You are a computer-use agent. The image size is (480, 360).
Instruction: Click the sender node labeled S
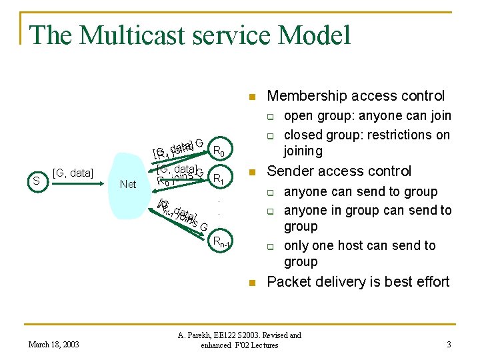coord(37,180)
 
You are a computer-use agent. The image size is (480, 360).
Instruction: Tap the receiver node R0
coord(218,149)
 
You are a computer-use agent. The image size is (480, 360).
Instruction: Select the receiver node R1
coord(218,178)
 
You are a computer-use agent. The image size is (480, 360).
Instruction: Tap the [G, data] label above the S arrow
coord(72,173)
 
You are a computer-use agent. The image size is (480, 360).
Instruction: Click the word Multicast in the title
coord(147,35)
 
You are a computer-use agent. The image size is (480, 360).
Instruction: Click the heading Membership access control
coord(355,96)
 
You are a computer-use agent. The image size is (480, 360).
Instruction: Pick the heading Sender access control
coord(339,171)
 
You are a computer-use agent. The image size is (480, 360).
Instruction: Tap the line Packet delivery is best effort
coord(358,282)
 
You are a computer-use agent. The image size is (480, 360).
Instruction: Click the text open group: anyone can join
coord(367,116)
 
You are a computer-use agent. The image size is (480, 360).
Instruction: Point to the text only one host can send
coord(359,245)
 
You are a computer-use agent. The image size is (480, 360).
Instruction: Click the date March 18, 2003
coord(53,344)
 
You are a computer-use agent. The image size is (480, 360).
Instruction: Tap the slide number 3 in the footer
coord(449,344)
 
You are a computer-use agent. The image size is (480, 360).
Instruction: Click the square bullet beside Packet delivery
coord(252,283)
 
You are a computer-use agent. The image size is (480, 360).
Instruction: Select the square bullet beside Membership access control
coord(252,97)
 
